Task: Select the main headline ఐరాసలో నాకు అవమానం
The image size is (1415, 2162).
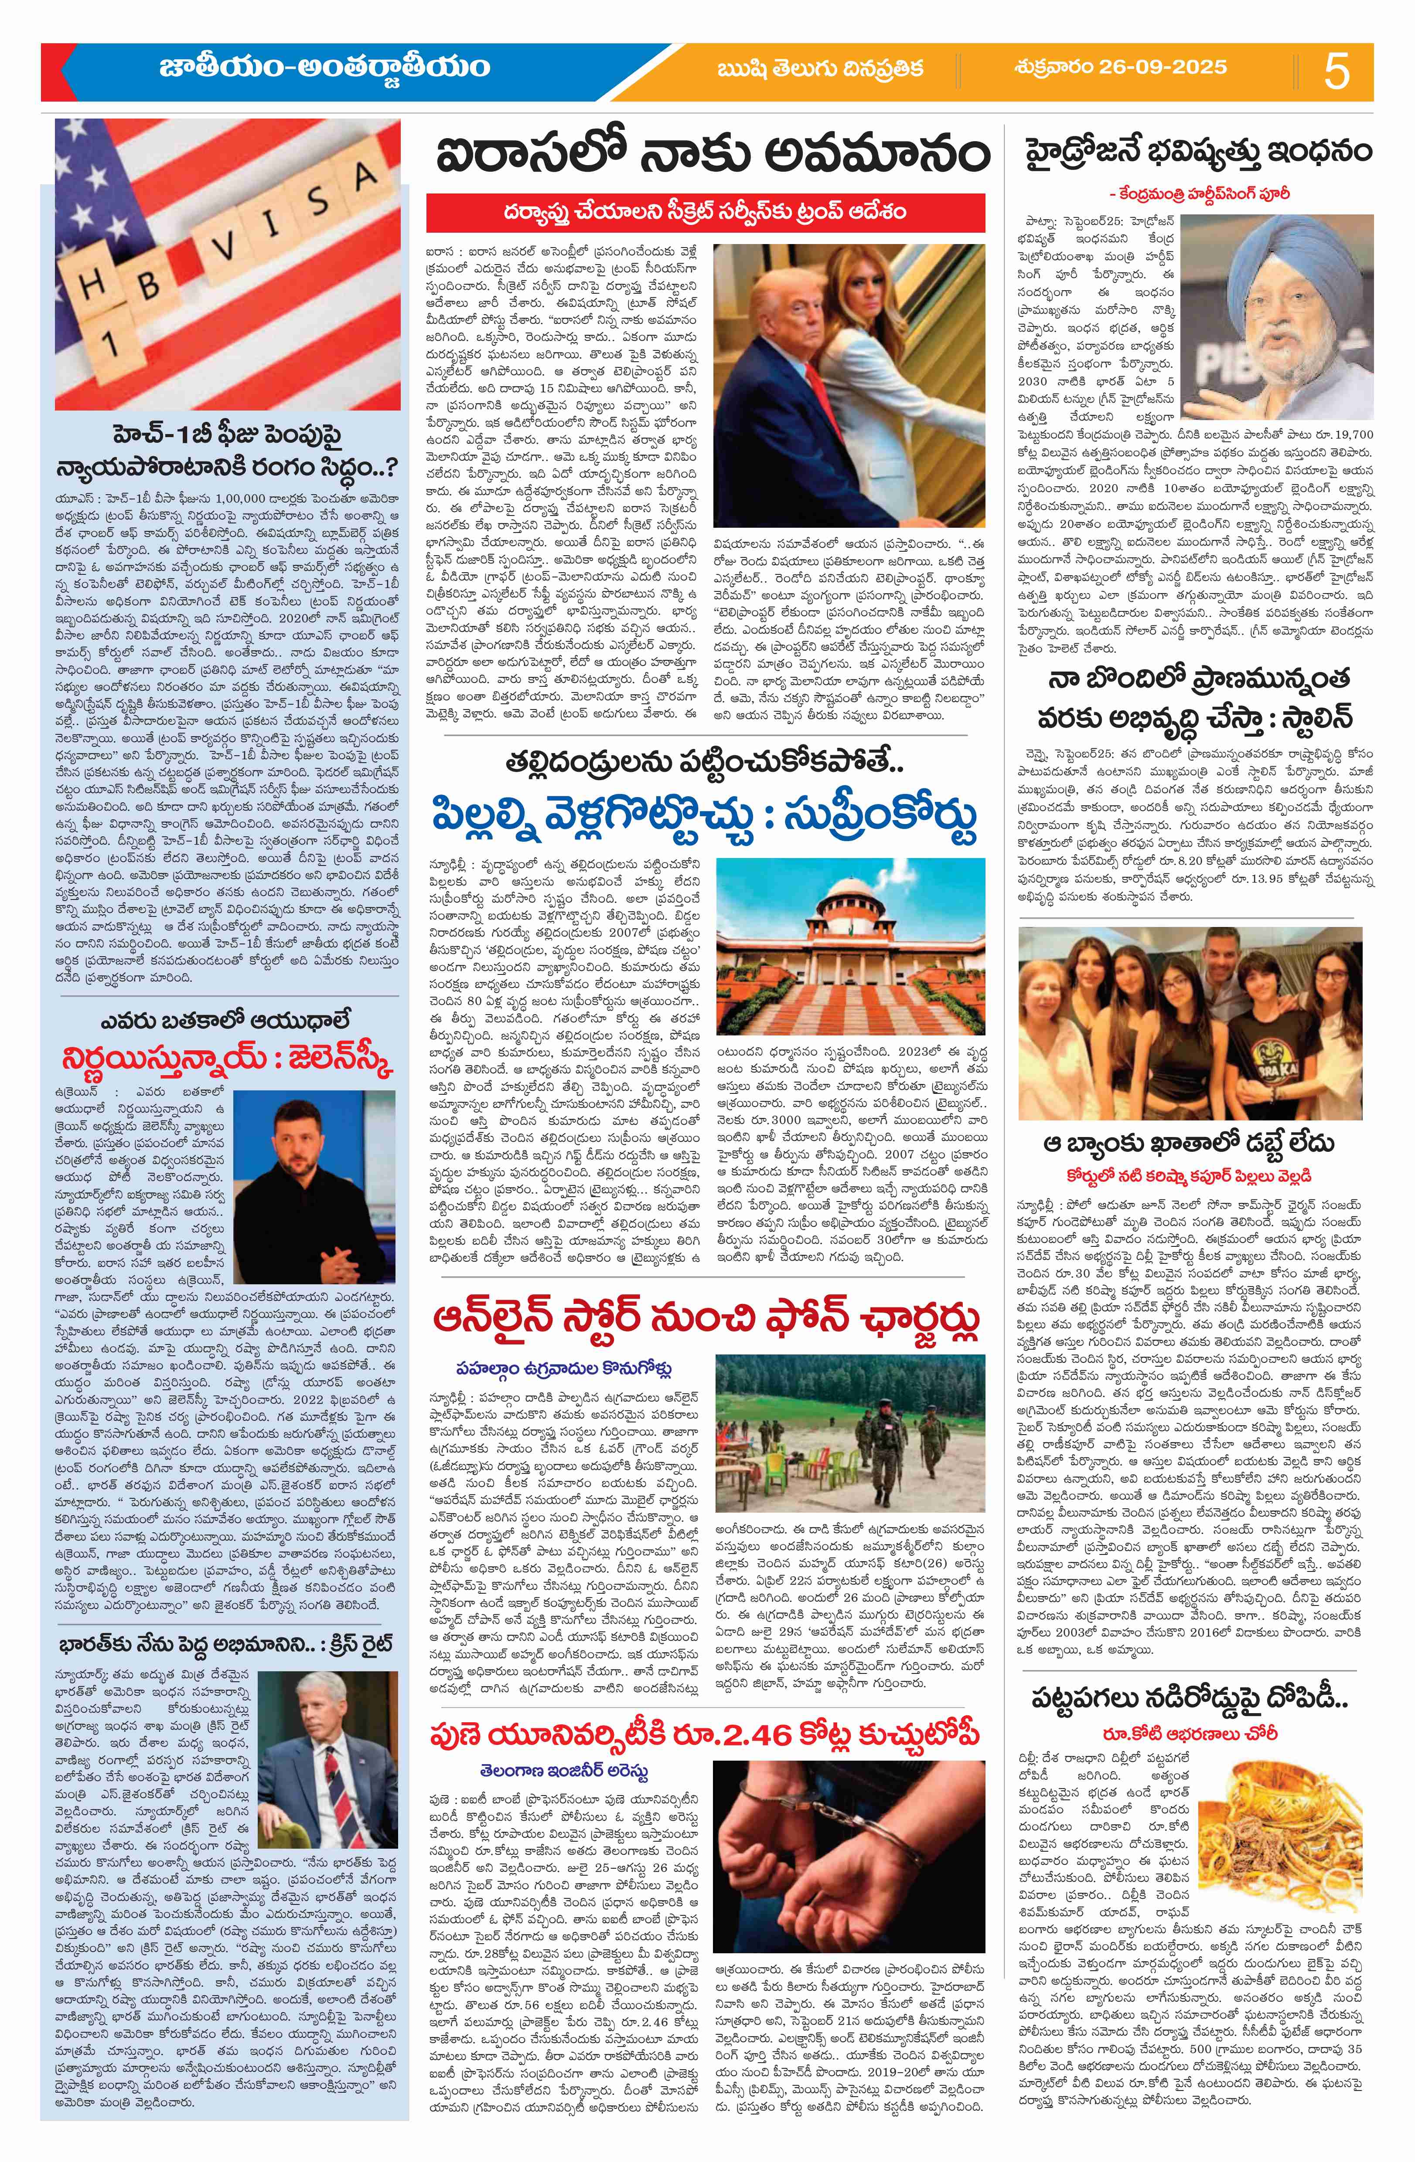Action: point(711,154)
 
